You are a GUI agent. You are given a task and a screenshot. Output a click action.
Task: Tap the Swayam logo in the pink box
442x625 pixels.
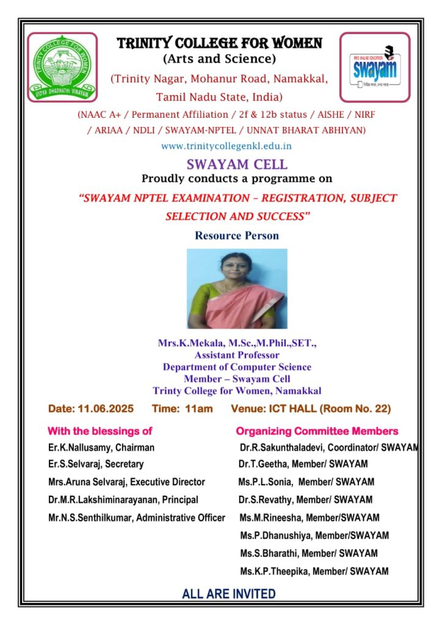(x=374, y=68)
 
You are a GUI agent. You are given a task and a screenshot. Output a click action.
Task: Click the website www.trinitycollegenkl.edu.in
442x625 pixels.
(x=226, y=146)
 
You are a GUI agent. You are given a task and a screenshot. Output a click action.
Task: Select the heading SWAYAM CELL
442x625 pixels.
(x=237, y=164)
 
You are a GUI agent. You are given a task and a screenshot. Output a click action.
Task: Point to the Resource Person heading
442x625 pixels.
(x=237, y=235)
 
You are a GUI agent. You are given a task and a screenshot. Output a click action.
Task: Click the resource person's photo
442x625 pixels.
(x=237, y=289)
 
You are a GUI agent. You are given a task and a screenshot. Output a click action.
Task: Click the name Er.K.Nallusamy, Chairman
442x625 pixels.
(x=101, y=447)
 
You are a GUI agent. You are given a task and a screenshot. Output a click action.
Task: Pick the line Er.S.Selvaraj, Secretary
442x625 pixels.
(x=96, y=464)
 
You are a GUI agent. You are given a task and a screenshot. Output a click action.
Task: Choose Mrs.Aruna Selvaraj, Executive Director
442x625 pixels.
(x=126, y=482)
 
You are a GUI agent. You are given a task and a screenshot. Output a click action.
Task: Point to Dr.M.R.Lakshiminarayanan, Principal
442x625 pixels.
(x=123, y=500)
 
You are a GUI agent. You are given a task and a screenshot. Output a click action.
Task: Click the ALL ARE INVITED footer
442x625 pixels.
(x=229, y=593)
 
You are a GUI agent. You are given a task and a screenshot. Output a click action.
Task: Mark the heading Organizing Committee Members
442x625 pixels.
(x=317, y=431)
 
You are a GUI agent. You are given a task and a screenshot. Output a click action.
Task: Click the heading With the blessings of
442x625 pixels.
(x=100, y=431)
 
